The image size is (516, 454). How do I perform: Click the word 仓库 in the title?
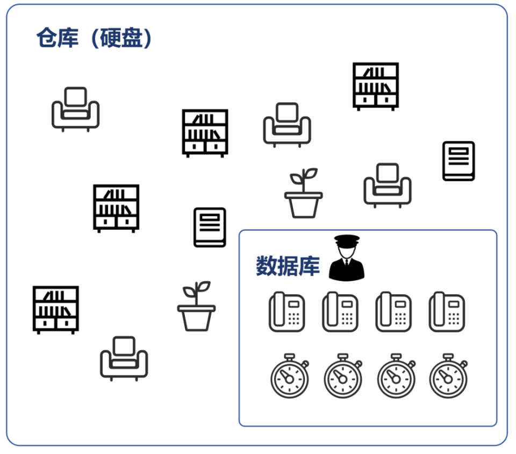(58, 39)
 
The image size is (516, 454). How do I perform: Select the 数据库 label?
(288, 266)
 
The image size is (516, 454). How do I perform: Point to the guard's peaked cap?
(347, 240)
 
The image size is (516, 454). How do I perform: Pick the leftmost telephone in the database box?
(287, 312)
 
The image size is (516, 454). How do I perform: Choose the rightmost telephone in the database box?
(447, 312)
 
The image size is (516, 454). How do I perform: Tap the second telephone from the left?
(340, 312)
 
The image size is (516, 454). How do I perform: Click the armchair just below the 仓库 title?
(75, 109)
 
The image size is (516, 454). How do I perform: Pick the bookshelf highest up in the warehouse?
(376, 86)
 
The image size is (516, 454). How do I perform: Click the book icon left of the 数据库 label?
(210, 228)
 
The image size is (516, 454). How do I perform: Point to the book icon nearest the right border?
(458, 161)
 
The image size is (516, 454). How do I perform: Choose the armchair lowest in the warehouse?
(124, 358)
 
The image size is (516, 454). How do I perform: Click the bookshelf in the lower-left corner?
(56, 309)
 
